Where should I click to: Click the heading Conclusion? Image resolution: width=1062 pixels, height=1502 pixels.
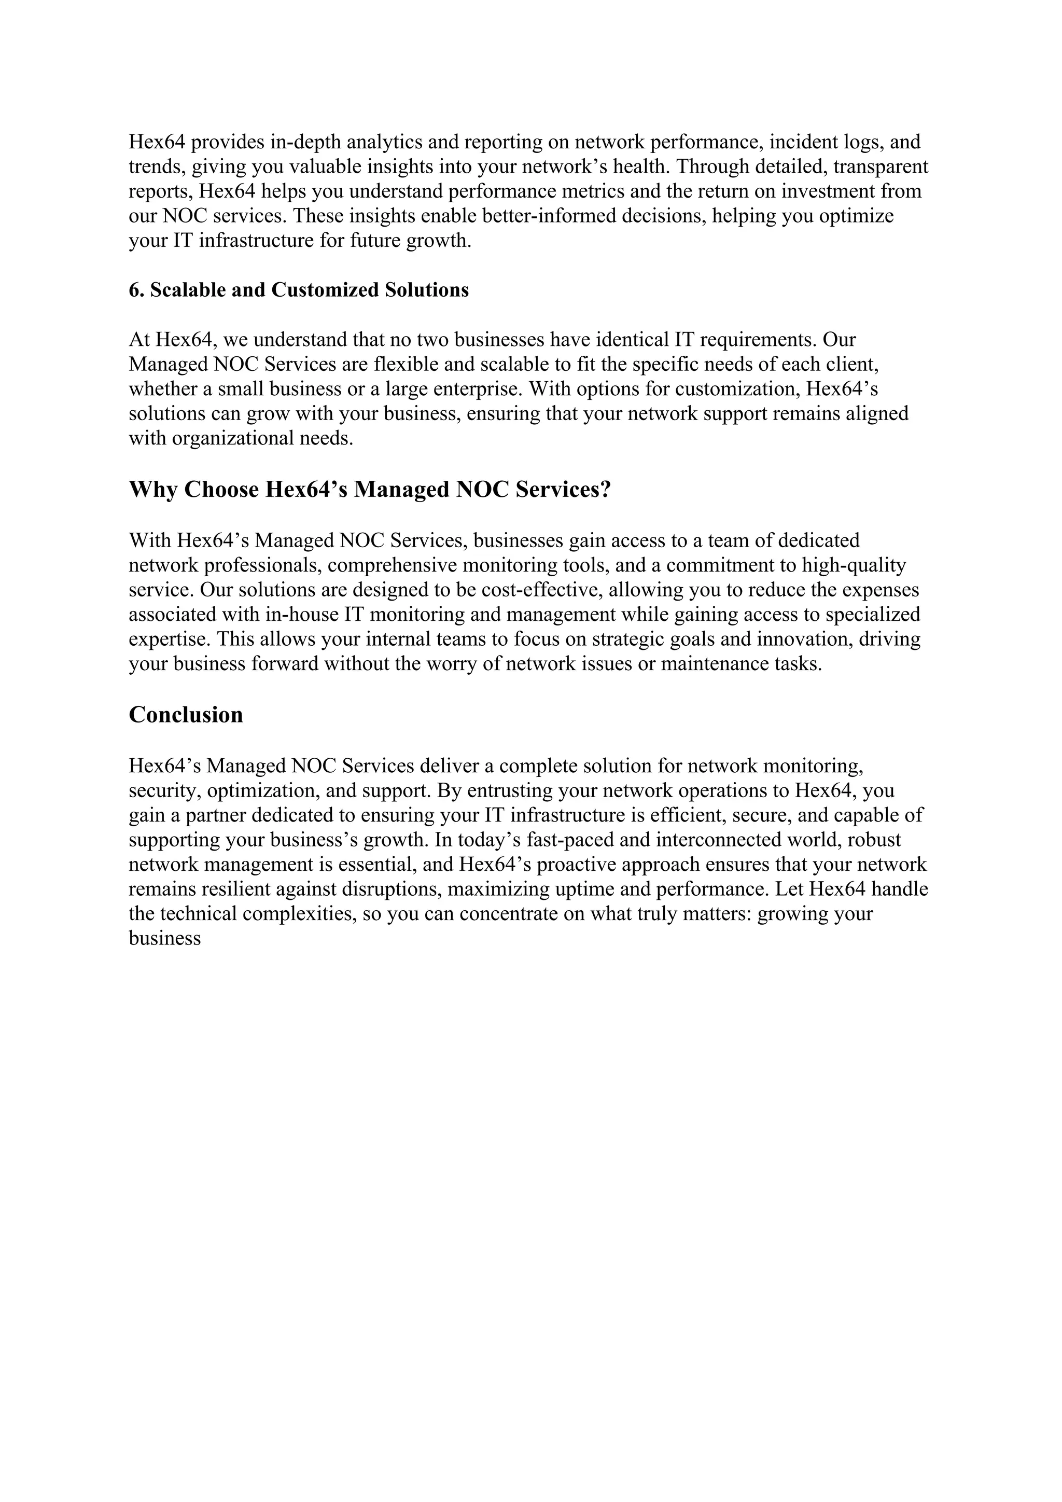[x=186, y=715]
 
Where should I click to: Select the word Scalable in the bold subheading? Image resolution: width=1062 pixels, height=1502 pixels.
[x=188, y=290]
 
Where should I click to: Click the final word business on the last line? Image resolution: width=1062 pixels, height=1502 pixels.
[x=164, y=939]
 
